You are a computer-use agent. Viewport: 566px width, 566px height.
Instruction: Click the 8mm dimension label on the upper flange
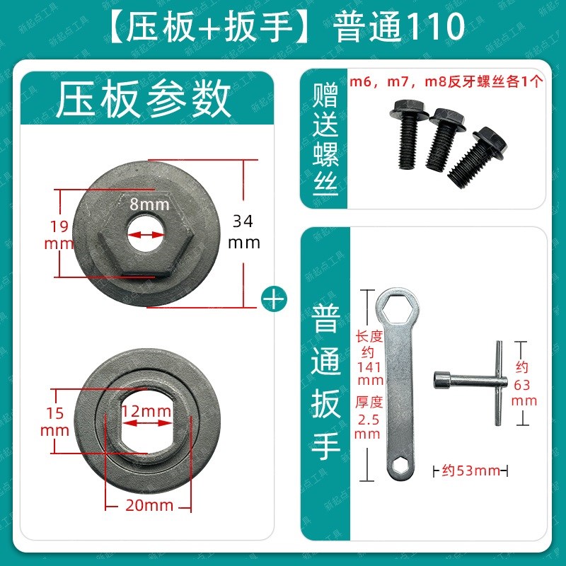(149, 205)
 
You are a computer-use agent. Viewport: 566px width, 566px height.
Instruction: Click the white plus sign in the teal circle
(274, 298)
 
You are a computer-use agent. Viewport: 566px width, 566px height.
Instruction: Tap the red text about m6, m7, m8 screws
(446, 81)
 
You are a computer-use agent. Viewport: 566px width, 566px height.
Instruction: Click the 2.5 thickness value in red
(367, 420)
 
